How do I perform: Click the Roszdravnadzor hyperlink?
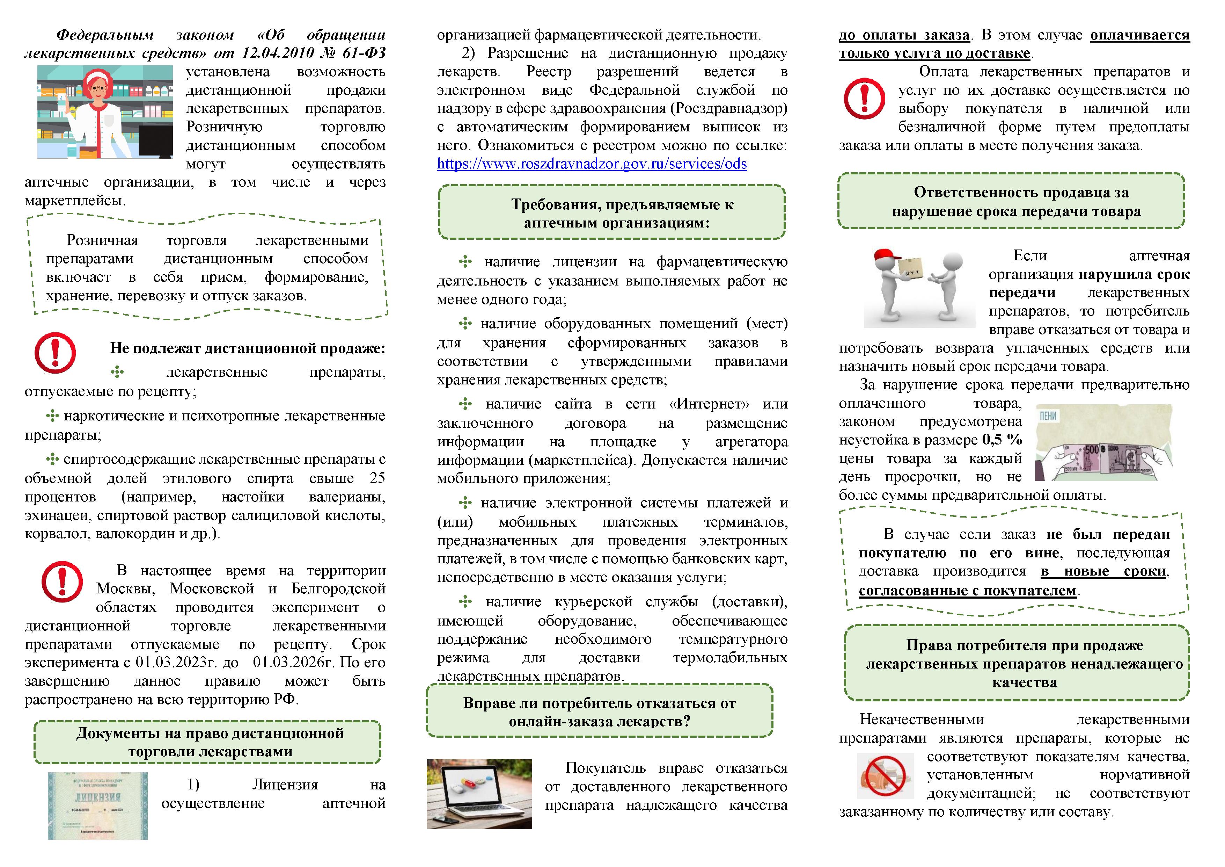(592, 164)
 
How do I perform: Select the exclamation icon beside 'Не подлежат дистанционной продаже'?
(55, 353)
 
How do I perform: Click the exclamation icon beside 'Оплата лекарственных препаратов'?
(864, 98)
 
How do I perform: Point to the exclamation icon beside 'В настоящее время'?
(62, 581)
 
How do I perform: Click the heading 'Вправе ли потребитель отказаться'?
(599, 712)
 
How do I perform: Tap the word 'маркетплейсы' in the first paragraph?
(75, 201)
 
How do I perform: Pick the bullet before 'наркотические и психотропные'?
(52, 416)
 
